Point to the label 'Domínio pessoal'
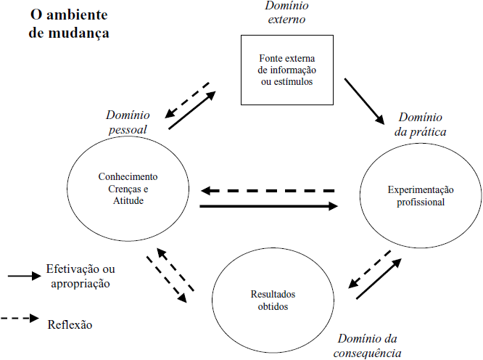point(127,122)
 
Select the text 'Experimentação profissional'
point(420,195)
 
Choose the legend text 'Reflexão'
point(70,324)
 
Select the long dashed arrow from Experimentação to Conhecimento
point(268,191)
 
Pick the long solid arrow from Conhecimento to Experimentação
point(268,206)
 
